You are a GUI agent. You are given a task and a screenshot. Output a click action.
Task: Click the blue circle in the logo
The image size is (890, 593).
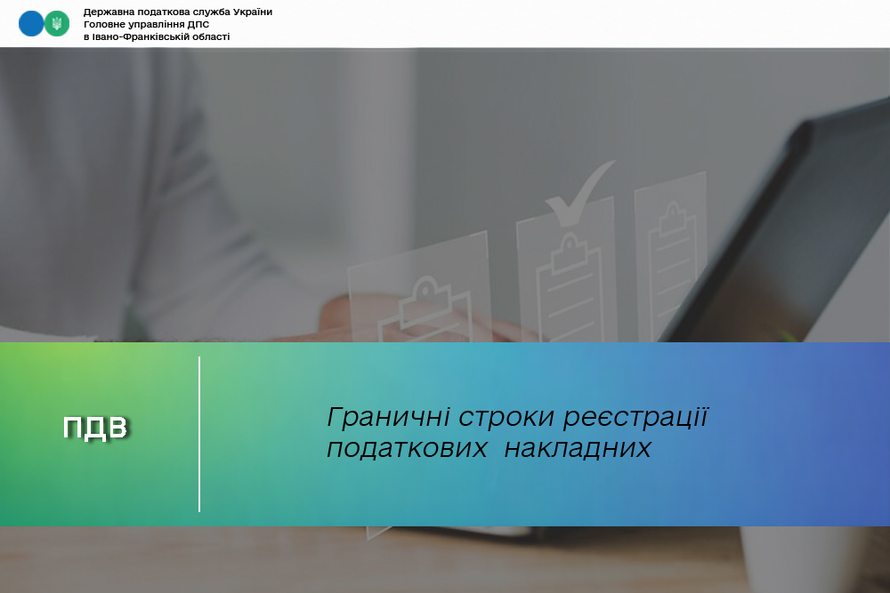point(30,24)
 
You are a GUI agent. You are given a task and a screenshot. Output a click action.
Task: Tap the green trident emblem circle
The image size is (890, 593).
point(57,24)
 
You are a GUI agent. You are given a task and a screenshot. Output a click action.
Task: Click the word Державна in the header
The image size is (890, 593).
point(105,12)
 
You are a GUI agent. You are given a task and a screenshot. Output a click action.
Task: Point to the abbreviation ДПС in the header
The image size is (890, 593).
point(198,24)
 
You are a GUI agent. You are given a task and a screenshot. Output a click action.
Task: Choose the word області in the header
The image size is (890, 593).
point(206,36)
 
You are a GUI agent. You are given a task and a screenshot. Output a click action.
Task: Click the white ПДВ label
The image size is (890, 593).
point(95,428)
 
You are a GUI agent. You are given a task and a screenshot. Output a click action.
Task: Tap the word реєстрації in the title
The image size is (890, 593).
point(635,418)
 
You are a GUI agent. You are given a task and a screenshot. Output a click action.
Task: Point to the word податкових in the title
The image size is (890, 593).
point(407,449)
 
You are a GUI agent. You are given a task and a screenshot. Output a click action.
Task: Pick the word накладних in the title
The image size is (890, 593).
point(578,449)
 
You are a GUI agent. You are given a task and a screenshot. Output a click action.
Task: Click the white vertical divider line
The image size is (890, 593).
point(199,434)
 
